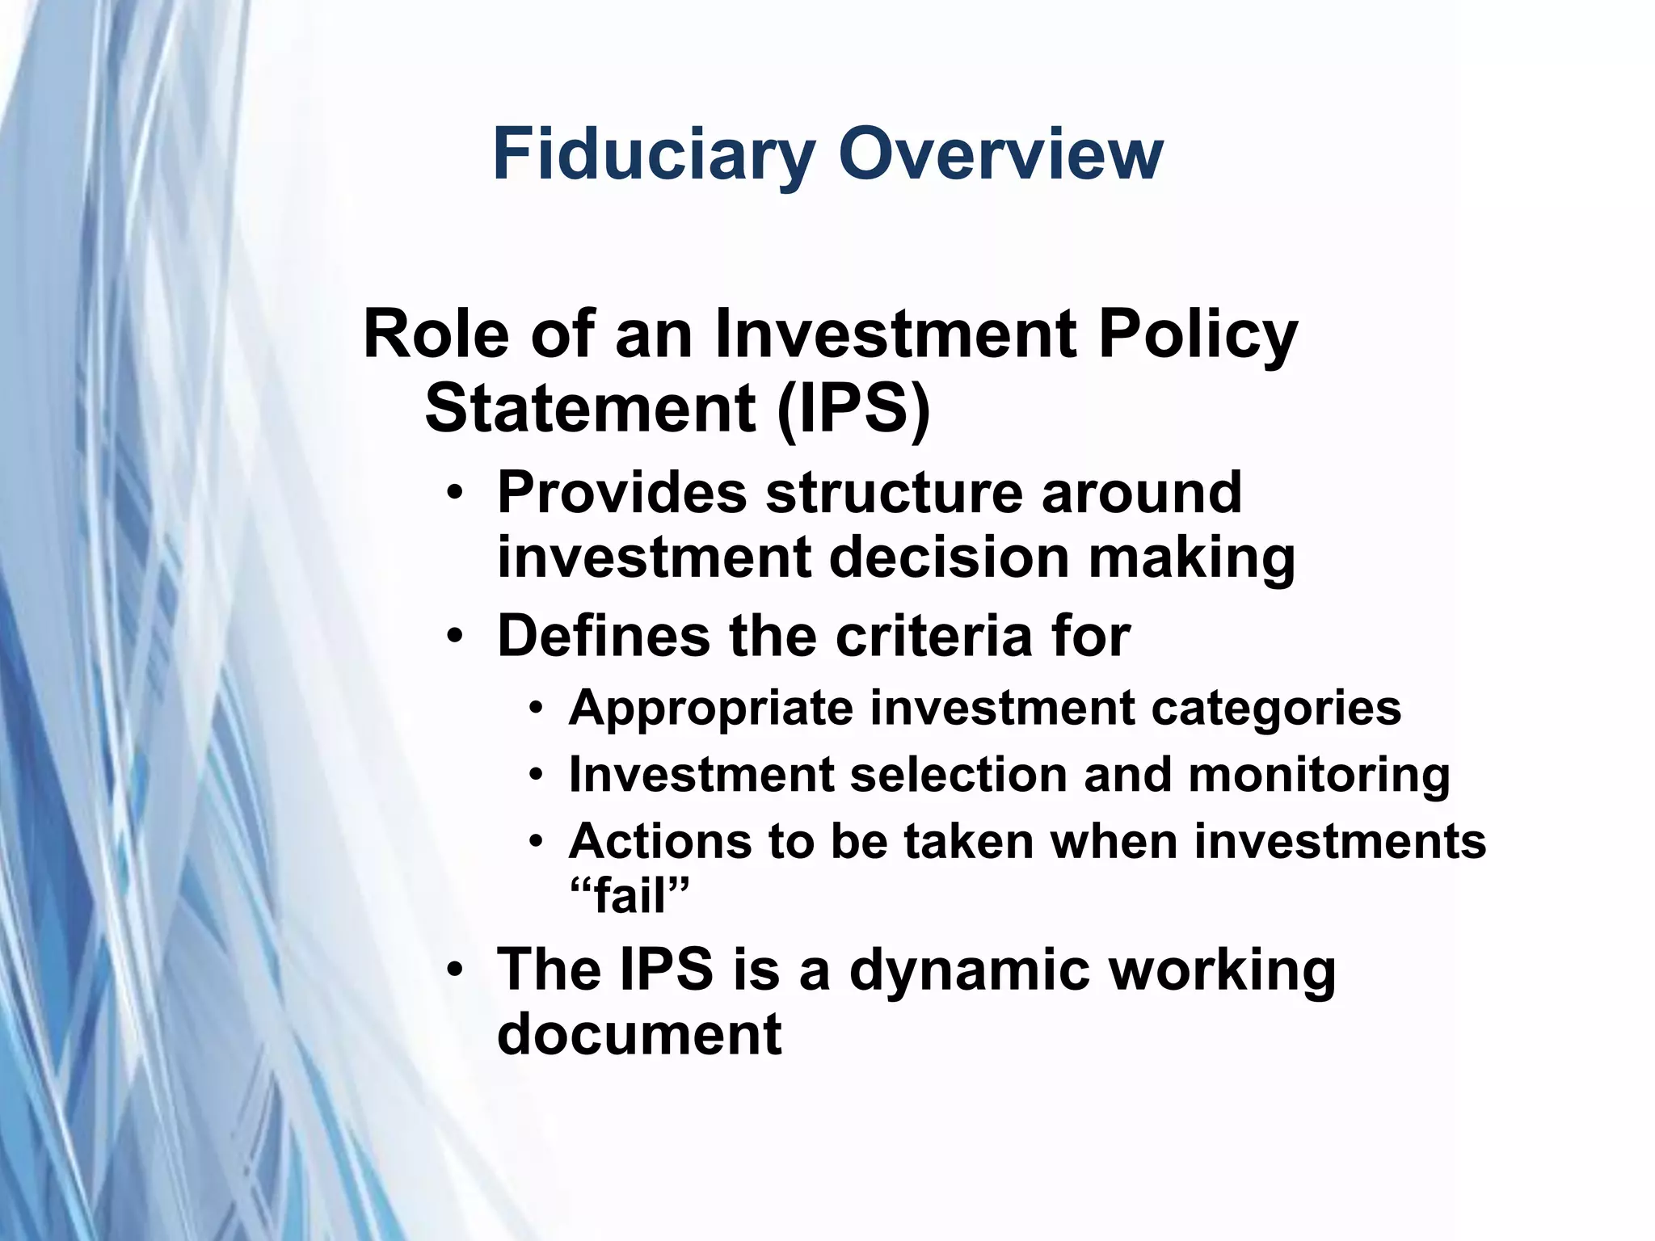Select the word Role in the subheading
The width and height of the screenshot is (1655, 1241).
436,334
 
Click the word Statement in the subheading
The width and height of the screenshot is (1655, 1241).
590,408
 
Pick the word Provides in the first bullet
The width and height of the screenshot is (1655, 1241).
622,493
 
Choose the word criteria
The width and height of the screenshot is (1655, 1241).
934,637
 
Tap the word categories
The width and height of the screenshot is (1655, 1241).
1276,709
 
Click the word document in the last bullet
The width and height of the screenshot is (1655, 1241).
639,1034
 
